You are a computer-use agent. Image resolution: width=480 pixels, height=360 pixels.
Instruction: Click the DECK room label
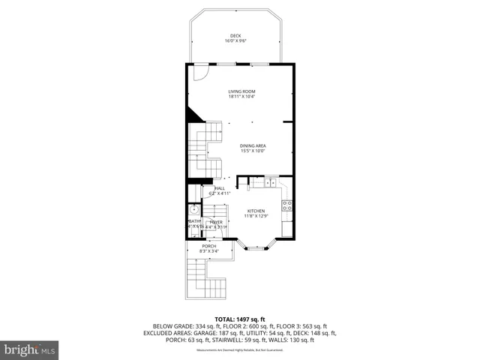[235, 35]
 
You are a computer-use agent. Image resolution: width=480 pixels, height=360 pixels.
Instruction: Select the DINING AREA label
[253, 145]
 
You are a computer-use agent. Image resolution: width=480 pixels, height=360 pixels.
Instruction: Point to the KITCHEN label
[256, 211]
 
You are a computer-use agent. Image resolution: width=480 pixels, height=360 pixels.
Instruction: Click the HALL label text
[220, 188]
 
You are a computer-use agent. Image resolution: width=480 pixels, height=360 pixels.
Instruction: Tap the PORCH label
[209, 246]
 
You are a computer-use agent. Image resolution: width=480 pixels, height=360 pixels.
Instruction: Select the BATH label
[194, 221]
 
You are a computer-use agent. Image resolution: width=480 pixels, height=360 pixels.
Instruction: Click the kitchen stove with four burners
[286, 204]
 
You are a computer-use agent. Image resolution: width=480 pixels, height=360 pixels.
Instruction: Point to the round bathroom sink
[193, 210]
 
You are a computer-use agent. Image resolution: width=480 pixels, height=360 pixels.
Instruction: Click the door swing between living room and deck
[199, 73]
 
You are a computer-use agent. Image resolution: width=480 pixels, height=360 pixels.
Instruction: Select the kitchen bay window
[257, 244]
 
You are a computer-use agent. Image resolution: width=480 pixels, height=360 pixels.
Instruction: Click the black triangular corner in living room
[194, 114]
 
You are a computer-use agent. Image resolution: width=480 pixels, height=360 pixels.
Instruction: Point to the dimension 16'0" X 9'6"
[235, 40]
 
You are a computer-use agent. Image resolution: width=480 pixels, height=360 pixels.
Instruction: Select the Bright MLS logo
[30, 349]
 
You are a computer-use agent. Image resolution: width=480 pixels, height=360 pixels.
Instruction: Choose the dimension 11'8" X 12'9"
[256, 217]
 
